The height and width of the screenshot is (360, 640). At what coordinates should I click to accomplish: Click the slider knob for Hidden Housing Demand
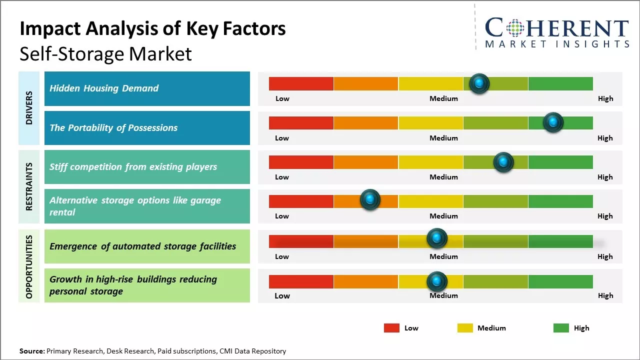coord(479,83)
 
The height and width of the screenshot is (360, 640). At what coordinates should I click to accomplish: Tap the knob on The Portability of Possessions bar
coord(553,122)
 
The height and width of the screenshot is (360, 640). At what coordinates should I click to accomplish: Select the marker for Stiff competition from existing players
coord(503,162)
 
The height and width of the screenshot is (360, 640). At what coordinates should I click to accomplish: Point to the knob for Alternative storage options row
coord(370,200)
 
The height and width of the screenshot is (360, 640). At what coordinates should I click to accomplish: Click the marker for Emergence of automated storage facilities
coord(436,238)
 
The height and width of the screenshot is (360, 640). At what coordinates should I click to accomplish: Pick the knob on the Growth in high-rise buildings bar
coord(436,281)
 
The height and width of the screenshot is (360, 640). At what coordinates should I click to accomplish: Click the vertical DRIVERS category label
coord(29,108)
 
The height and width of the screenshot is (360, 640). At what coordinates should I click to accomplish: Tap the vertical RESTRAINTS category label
coord(29,186)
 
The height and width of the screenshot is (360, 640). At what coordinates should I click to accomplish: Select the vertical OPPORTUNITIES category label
coord(29,266)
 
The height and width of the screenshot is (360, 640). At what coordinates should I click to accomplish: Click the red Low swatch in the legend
coord(391,328)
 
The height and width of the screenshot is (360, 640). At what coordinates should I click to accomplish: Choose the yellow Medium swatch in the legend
coord(465,328)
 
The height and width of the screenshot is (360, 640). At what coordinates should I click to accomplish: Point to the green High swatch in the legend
coord(561,328)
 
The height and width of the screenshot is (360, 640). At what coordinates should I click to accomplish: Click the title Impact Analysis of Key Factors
coord(152,28)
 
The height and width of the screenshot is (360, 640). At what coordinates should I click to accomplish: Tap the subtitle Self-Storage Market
coord(105,53)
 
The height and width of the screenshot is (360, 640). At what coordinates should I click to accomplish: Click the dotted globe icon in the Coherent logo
coord(515,28)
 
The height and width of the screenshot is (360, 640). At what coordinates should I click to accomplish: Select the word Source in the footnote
coord(31,351)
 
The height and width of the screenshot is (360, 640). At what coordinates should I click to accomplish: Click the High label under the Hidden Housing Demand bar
coord(605,98)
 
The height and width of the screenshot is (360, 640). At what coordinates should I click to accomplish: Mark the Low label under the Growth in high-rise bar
coord(282,295)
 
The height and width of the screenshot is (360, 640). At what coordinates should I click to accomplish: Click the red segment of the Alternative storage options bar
coord(301,201)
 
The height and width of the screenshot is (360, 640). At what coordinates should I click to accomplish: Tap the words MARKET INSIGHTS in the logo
coord(557,44)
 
